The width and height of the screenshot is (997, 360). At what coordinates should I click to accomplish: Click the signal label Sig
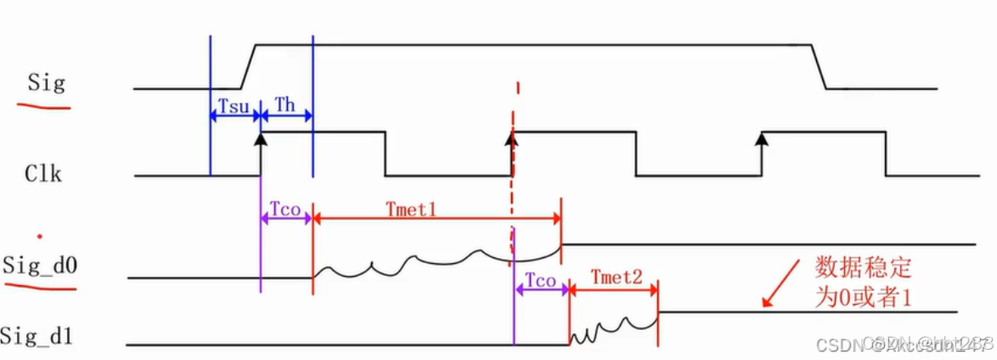[x=47, y=84]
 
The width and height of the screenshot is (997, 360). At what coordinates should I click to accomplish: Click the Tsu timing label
[x=234, y=105]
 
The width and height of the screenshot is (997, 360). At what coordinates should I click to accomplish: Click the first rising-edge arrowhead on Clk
[x=261, y=138]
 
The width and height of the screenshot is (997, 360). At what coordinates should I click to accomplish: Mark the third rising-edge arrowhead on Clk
[x=762, y=138]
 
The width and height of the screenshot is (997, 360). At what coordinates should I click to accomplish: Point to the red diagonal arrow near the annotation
[x=781, y=282]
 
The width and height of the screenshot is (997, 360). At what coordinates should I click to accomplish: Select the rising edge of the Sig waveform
[x=249, y=66]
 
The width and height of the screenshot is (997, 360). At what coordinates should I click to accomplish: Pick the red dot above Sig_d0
[x=39, y=234]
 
